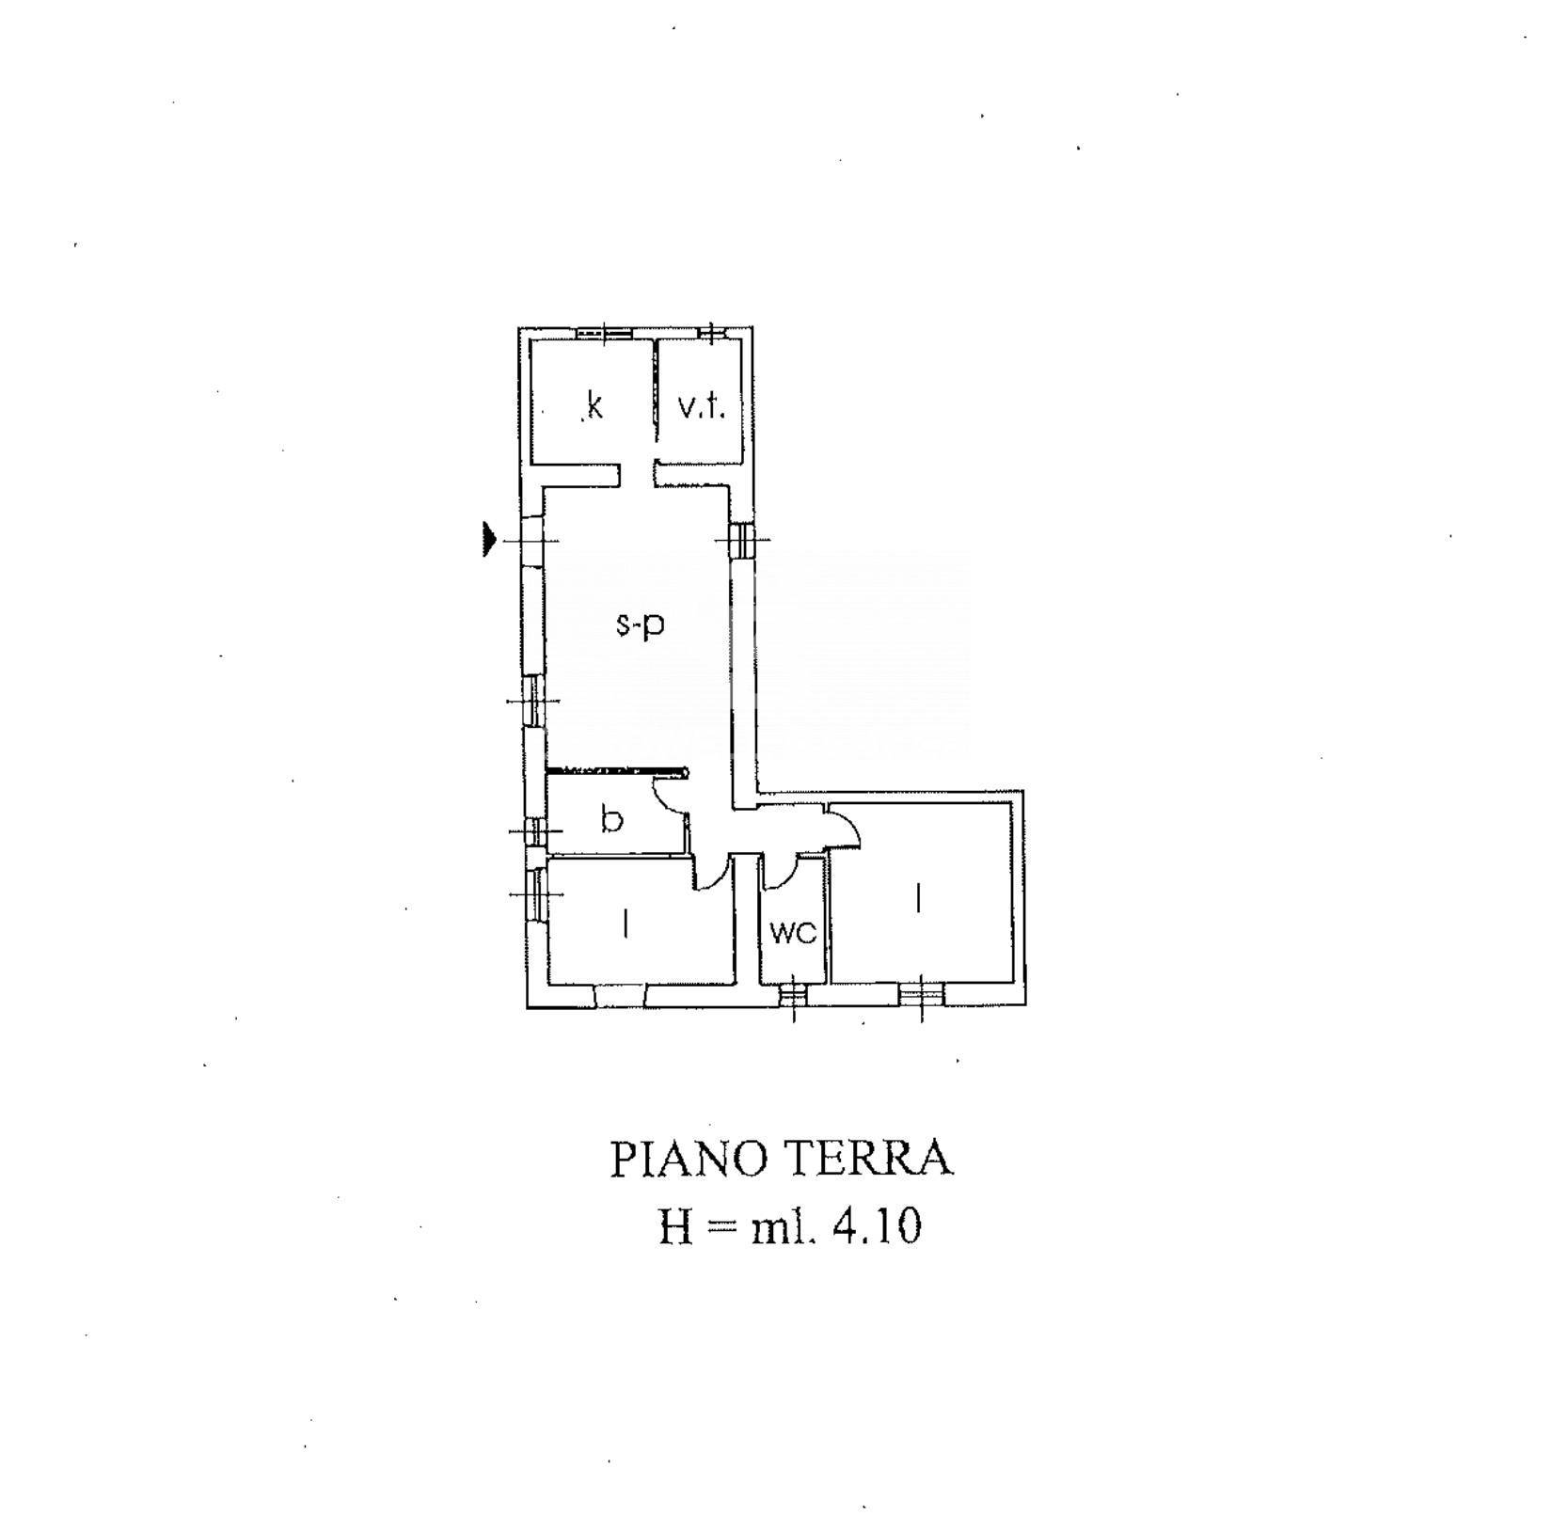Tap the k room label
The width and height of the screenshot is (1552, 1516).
(x=594, y=406)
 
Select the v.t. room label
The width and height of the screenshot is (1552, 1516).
(x=702, y=407)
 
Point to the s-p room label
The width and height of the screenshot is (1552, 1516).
(x=641, y=624)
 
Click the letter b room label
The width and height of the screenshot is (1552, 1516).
(x=611, y=819)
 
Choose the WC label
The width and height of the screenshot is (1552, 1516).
(x=793, y=933)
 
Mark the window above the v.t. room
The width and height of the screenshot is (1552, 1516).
(x=712, y=331)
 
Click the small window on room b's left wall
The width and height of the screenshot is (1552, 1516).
(x=535, y=831)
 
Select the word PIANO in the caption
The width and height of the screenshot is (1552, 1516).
(x=689, y=1159)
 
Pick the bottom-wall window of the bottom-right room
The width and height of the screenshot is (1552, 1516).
(x=921, y=994)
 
